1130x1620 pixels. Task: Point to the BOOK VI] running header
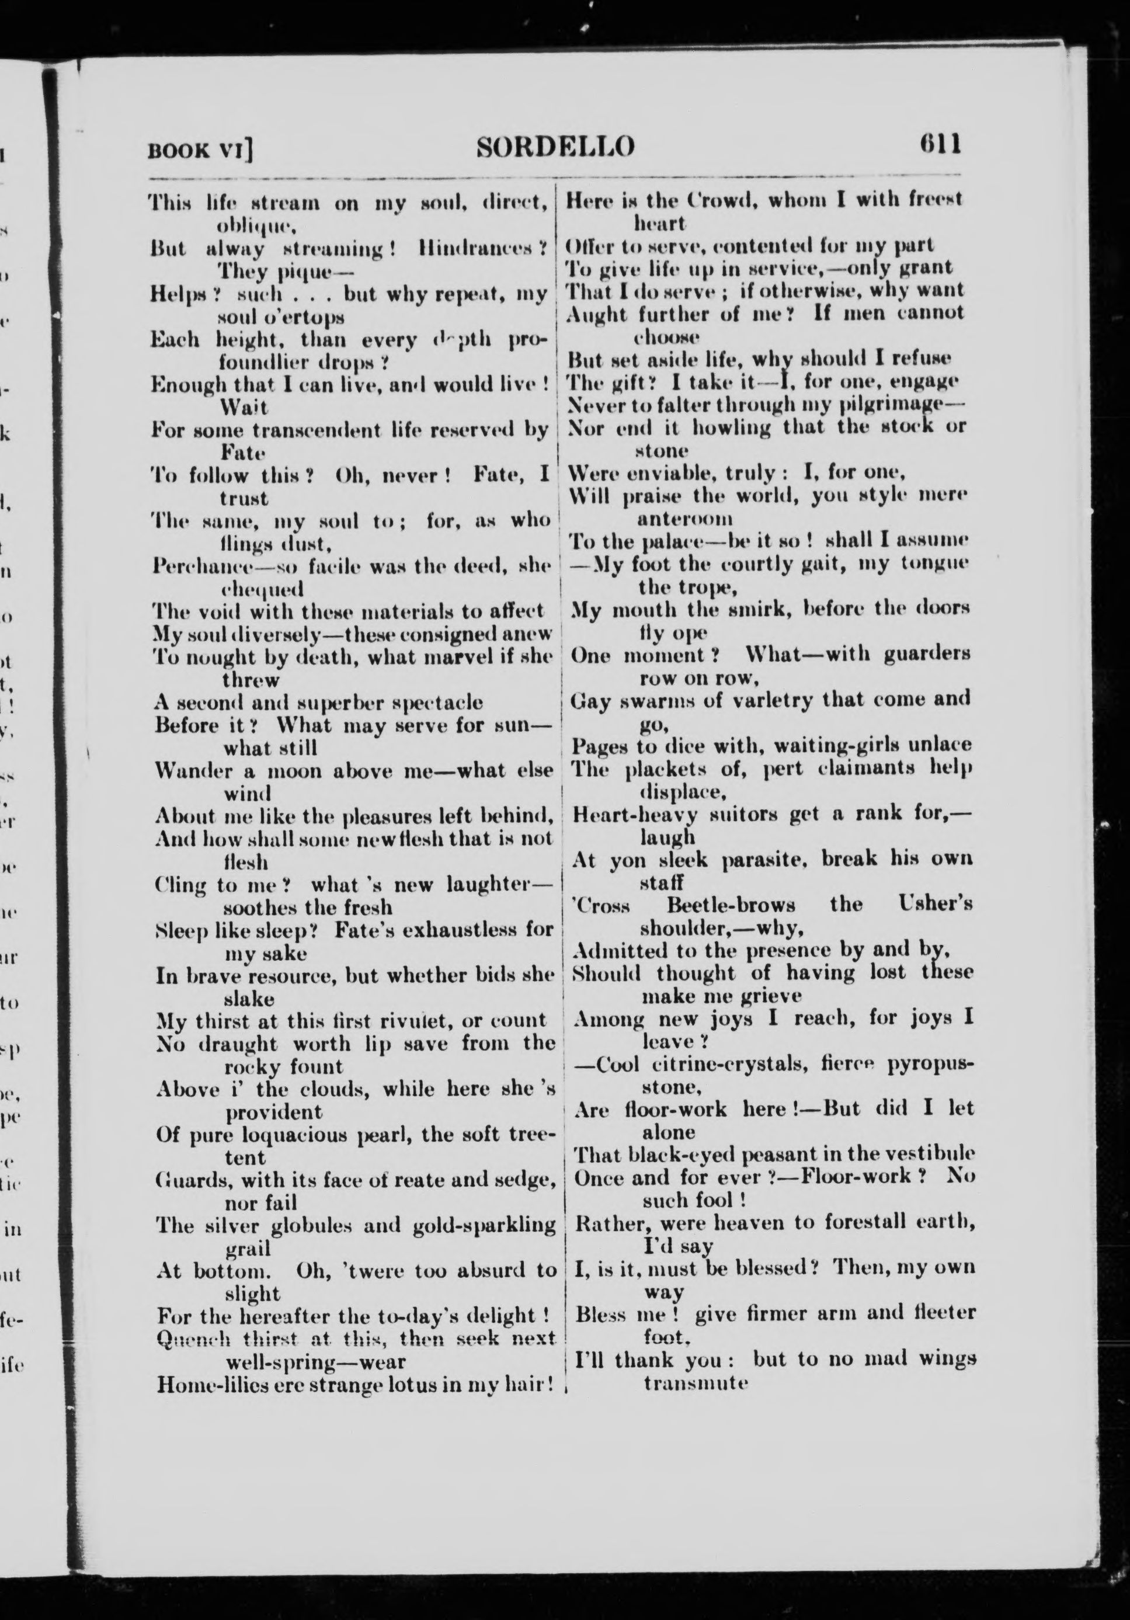point(200,150)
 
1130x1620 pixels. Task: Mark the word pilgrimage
point(908,404)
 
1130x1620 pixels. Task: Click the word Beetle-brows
point(731,905)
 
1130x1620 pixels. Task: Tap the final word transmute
point(695,1382)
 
